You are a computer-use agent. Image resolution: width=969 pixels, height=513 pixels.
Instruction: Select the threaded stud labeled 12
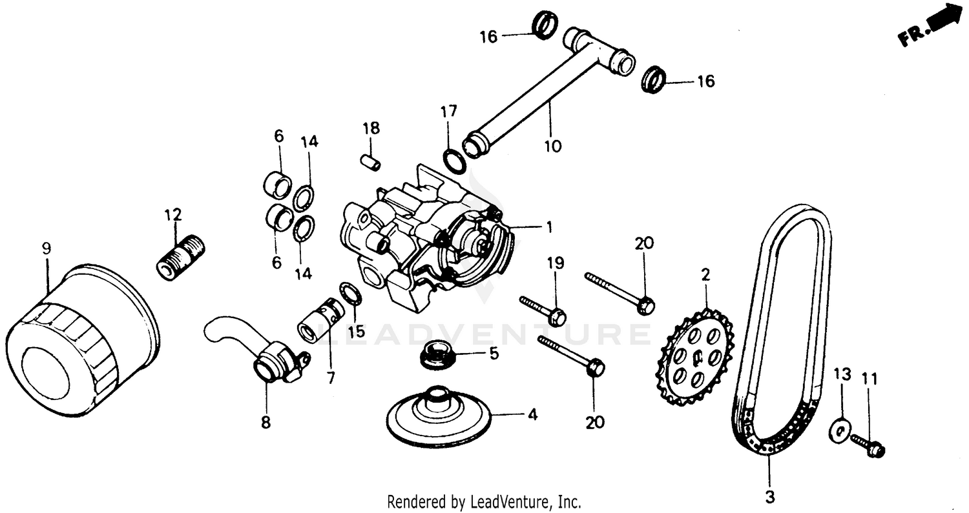point(180,257)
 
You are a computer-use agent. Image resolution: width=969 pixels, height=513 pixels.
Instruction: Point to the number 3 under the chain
point(769,498)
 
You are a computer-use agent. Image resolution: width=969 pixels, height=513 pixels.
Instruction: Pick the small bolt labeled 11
point(868,445)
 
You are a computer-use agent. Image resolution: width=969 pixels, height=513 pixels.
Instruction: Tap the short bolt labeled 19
point(543,310)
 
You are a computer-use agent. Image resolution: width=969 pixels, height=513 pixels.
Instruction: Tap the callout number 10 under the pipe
point(552,146)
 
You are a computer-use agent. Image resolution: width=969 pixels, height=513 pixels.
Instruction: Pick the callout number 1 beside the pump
point(549,227)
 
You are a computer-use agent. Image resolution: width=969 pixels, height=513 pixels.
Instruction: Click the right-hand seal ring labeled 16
point(655,79)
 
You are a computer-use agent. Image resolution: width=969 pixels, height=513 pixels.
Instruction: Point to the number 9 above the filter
point(46,249)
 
